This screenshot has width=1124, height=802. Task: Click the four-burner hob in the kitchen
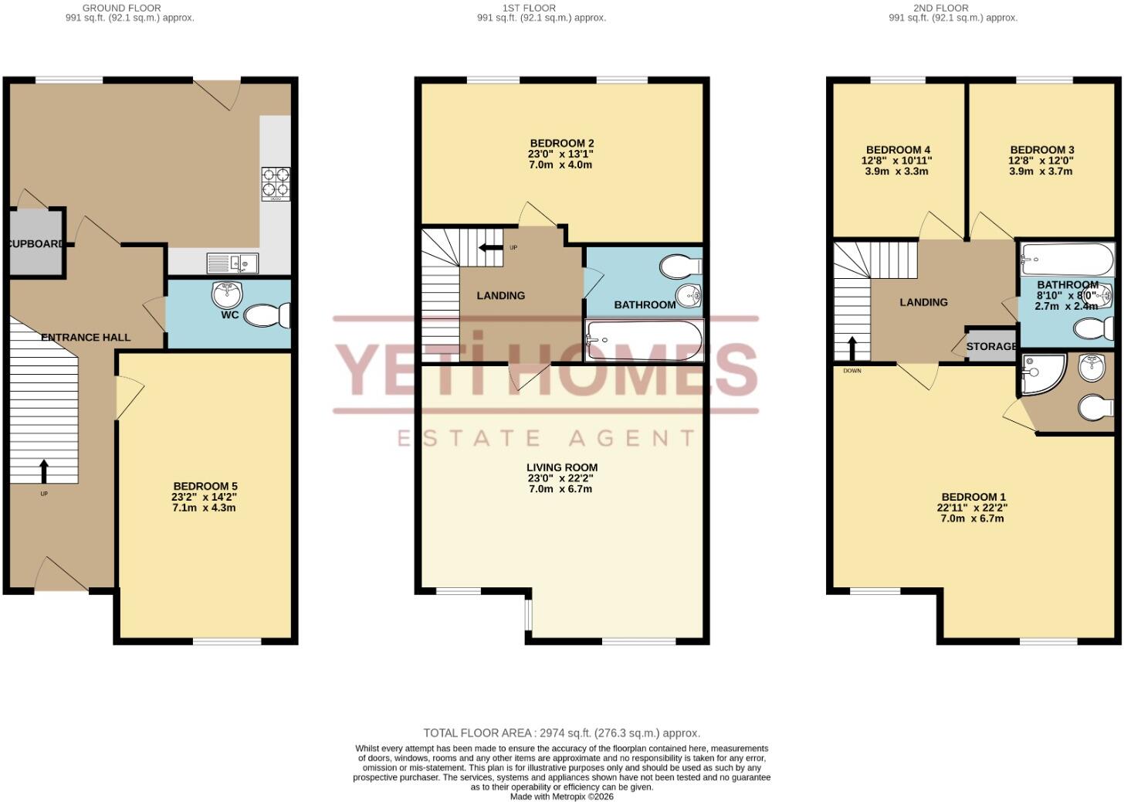pos(276,185)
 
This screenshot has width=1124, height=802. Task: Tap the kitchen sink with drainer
pos(232,263)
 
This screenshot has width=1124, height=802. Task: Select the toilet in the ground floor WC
pos(267,315)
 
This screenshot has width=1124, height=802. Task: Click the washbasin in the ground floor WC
pos(227,295)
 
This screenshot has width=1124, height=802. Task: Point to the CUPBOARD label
pos(36,243)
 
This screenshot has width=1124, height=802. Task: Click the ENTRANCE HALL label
pos(86,338)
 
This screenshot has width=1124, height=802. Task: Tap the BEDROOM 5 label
pos(205,486)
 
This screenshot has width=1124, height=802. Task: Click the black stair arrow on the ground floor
pos(44,471)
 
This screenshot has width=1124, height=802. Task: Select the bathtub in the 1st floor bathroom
pos(645,341)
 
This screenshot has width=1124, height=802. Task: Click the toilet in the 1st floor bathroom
pos(681,267)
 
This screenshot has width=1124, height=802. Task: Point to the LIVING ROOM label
pos(562,467)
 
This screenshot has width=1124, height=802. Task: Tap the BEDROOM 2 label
pos(562,144)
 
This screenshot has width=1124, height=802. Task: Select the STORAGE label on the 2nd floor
pos(991,346)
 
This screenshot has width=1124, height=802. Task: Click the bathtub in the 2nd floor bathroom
pos(1067,260)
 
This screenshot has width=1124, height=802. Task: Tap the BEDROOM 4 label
pos(899,150)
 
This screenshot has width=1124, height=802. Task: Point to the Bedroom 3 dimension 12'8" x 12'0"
pos(1041,161)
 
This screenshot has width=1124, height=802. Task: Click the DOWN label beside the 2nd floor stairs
pos(852,371)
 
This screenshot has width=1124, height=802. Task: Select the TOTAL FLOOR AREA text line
pos(561,733)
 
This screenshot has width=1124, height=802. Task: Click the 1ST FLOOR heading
pos(529,8)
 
